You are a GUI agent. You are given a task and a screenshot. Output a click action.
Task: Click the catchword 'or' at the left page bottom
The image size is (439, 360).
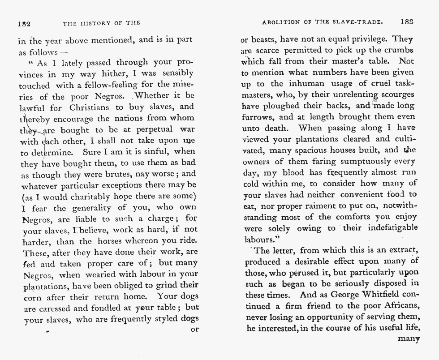coord(194,330)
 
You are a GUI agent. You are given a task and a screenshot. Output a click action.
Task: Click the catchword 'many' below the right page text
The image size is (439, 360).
coord(408,339)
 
